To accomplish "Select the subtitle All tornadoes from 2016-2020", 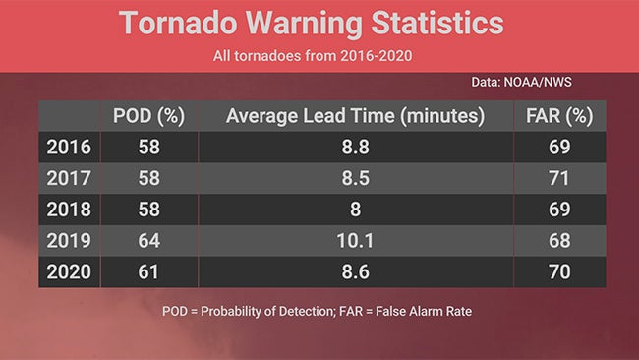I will (x=319, y=56).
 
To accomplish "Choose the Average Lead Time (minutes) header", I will (x=355, y=116).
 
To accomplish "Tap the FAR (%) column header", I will (x=559, y=116).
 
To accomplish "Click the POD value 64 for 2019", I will (x=149, y=241).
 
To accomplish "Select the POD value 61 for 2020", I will (x=149, y=271).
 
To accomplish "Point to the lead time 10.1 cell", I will (x=355, y=241).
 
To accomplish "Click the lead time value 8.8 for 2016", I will (x=355, y=148).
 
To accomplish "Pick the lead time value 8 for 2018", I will (x=355, y=210).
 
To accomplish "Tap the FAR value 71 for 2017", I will (x=559, y=178).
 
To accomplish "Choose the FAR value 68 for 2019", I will (x=559, y=241).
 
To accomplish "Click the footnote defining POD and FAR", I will (x=319, y=312).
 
